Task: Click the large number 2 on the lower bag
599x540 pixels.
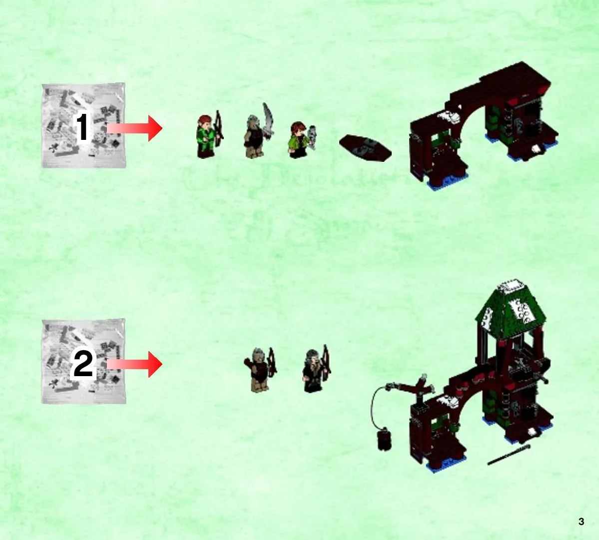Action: tap(82, 364)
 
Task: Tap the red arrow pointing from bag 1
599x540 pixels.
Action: tap(134, 128)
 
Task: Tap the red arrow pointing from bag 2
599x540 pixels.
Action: tap(134, 364)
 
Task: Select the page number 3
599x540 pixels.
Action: tap(581, 522)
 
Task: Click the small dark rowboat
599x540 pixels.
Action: tap(365, 148)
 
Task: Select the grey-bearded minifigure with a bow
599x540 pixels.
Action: tap(316, 369)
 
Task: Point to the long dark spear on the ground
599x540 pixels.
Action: tap(509, 455)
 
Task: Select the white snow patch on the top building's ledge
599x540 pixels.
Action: tap(449, 116)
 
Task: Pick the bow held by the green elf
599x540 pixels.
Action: tap(218, 128)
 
